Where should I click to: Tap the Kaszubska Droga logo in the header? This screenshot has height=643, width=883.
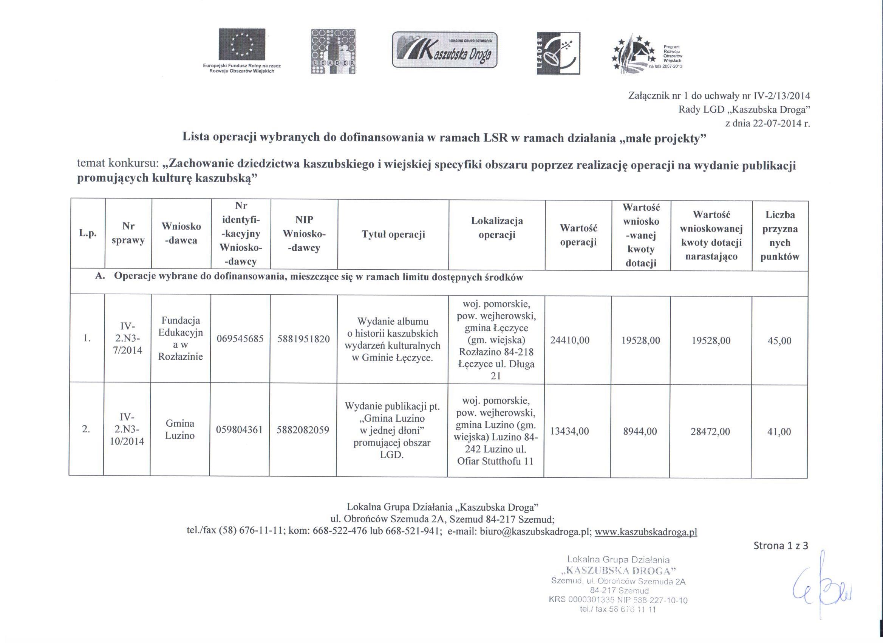(444, 50)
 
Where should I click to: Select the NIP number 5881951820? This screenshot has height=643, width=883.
(304, 339)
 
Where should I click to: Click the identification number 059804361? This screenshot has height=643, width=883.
(240, 430)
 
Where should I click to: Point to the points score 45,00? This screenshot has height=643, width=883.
(779, 340)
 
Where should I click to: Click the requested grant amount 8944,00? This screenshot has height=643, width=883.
(640, 432)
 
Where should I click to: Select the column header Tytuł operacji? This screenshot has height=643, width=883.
(393, 234)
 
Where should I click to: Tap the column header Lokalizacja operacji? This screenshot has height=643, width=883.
(497, 228)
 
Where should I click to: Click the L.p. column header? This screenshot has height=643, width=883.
(88, 233)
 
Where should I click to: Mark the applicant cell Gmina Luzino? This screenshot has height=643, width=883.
(180, 429)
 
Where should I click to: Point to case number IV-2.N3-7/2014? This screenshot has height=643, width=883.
(128, 338)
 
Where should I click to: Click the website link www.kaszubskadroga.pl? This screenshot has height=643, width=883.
(646, 531)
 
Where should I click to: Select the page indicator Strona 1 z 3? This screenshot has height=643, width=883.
(781, 545)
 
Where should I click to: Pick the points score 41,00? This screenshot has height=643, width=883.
(779, 432)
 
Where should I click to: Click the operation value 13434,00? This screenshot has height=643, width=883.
(569, 431)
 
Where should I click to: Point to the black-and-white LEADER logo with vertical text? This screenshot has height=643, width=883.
(558, 53)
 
